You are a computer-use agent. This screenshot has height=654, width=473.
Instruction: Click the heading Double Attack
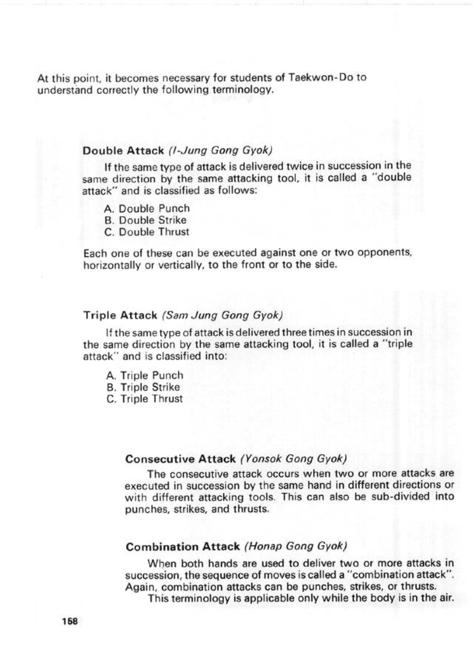tap(123, 151)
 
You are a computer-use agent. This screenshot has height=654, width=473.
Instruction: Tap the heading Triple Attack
tap(120, 315)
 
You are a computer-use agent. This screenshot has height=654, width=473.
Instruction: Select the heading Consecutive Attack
tap(180, 459)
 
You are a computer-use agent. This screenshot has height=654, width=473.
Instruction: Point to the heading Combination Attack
tap(183, 547)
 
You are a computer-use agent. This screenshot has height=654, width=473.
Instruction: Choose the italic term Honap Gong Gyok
tap(295, 547)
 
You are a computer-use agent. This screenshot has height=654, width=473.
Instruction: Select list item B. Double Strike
tap(145, 220)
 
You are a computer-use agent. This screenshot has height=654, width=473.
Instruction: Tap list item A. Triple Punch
tap(145, 376)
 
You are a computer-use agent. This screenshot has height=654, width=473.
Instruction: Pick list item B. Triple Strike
tap(144, 387)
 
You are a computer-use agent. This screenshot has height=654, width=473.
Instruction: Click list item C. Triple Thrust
tap(145, 399)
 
